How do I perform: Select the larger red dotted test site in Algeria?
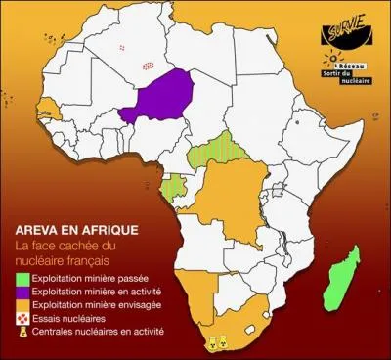pyautogui.click(x=148, y=66)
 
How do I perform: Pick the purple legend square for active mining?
pyautogui.click(x=20, y=292)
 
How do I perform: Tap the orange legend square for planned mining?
pyautogui.click(x=20, y=305)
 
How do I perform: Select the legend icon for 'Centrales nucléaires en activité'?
pyautogui.click(x=20, y=332)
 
